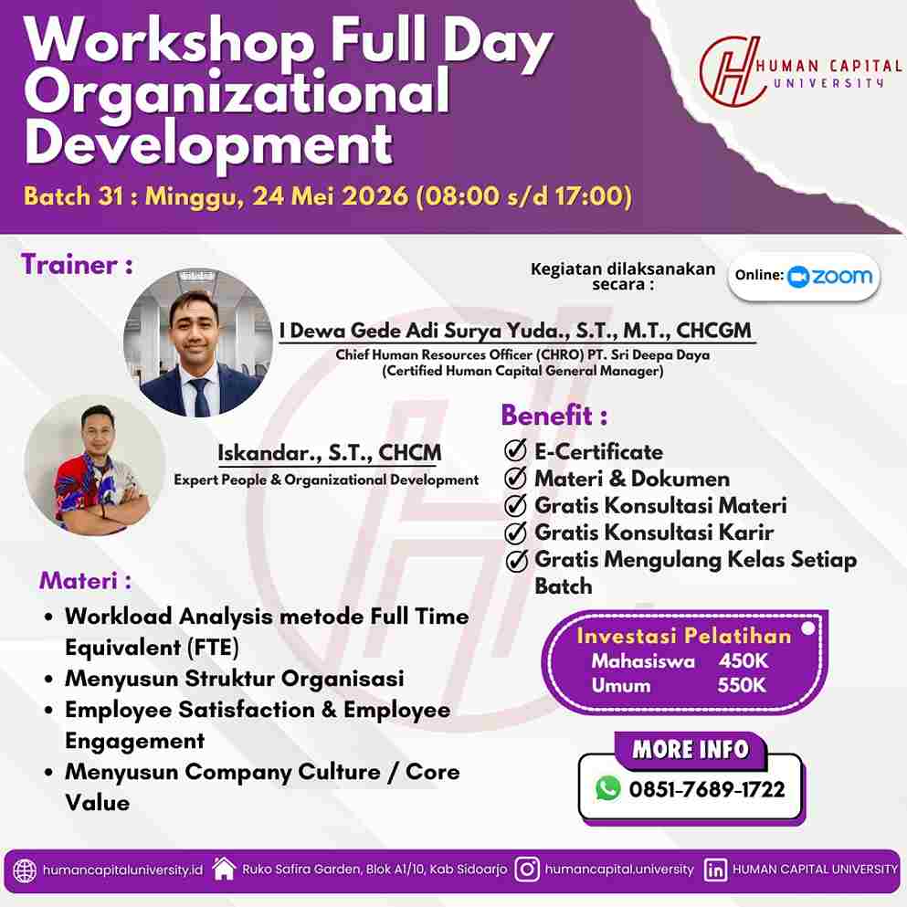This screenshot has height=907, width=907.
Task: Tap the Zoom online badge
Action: tap(805, 276)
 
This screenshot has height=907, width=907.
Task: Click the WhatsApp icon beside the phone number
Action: tap(607, 788)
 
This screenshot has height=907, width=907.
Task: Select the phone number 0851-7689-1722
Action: tap(706, 789)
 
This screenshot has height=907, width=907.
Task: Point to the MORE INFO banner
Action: tap(691, 749)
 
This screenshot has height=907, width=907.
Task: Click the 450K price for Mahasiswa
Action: tap(743, 661)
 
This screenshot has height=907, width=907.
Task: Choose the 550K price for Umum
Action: tap(743, 685)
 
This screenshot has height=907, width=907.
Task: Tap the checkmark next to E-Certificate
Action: tap(516, 451)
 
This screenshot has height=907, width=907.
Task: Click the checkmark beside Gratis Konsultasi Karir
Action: tap(516, 532)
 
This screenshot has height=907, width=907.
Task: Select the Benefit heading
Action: tap(554, 416)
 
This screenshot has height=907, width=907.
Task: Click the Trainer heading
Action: tap(77, 265)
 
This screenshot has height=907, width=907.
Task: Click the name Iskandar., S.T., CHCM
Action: tap(329, 452)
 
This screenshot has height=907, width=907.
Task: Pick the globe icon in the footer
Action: tap(26, 870)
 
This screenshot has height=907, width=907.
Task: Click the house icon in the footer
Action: tap(224, 869)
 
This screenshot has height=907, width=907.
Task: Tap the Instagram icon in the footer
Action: tap(527, 870)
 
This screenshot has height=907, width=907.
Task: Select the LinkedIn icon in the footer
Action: tap(716, 870)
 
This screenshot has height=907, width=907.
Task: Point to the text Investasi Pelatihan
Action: tap(683, 636)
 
